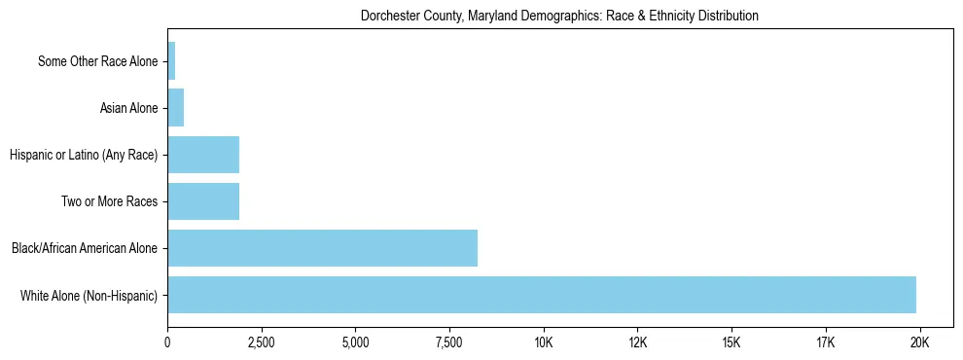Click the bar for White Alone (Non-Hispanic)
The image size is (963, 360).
tap(541, 295)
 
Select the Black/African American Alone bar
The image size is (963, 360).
tap(322, 248)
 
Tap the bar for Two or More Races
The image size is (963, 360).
tap(203, 201)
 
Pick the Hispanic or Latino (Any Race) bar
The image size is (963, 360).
tap(203, 155)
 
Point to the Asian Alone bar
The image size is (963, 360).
tap(176, 108)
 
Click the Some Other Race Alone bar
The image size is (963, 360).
tap(171, 61)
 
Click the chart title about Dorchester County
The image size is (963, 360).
tap(559, 17)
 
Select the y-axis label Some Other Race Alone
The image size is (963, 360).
tap(97, 61)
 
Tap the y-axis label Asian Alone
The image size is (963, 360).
tap(128, 108)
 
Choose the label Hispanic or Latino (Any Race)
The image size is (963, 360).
tap(84, 155)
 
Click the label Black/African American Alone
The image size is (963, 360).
tap(85, 248)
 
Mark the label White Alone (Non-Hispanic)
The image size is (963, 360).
tap(89, 295)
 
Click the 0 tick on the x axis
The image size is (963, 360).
tap(167, 342)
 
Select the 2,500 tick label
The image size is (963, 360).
tap(262, 342)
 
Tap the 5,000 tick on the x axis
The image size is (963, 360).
tap(356, 342)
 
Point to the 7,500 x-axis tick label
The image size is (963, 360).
tap(449, 342)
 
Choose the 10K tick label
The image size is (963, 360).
tap(544, 342)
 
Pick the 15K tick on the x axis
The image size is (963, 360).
tap(731, 342)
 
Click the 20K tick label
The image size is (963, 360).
tap(919, 342)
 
